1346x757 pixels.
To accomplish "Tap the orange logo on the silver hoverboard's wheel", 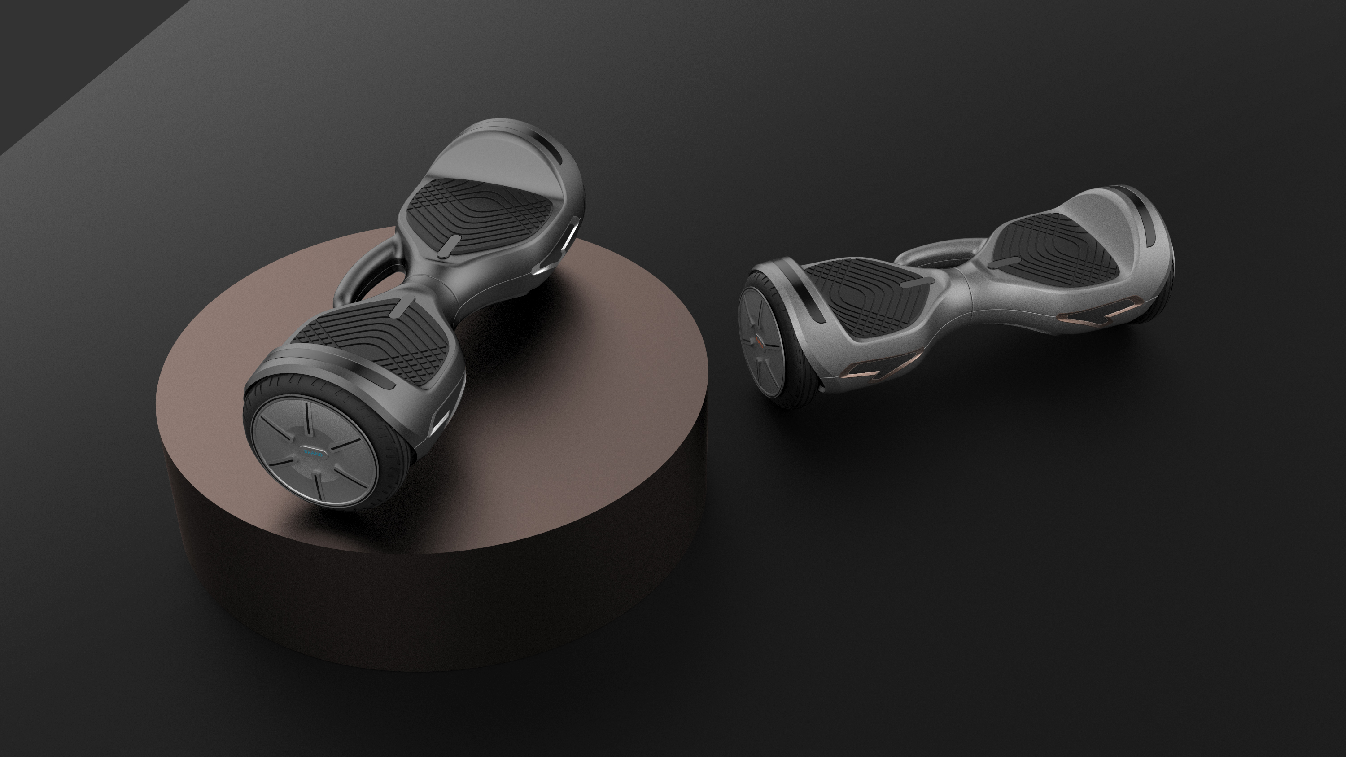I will (x=759, y=342).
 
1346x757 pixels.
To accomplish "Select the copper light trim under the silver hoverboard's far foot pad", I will (x=1097, y=311).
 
